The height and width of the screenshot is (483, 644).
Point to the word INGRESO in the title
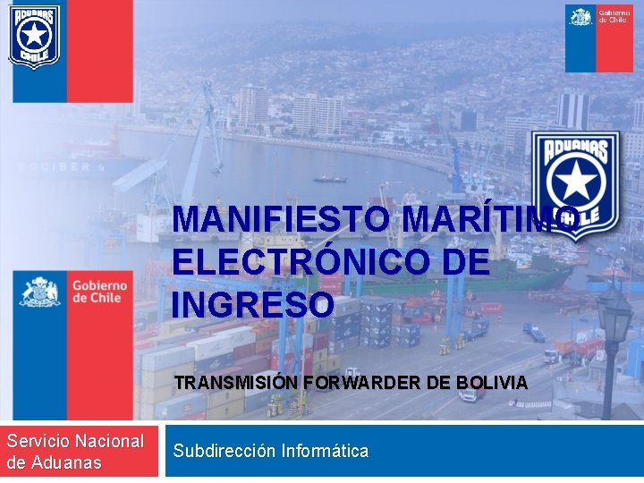(x=253, y=305)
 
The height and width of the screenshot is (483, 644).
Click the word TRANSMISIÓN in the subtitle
(x=236, y=383)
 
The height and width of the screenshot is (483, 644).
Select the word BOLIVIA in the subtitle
(x=492, y=383)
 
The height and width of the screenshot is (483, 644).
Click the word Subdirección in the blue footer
(x=225, y=451)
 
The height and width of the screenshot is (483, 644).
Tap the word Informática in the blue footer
(x=325, y=451)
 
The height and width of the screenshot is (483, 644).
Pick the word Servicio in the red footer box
(x=37, y=441)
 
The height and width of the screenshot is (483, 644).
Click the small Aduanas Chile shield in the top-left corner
(x=34, y=36)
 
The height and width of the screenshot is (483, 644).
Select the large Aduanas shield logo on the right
(x=573, y=184)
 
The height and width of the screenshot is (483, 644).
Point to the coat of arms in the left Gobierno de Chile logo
(x=39, y=292)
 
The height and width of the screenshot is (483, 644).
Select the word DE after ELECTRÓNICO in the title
(x=465, y=262)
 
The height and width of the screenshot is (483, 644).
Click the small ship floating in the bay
(x=330, y=179)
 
